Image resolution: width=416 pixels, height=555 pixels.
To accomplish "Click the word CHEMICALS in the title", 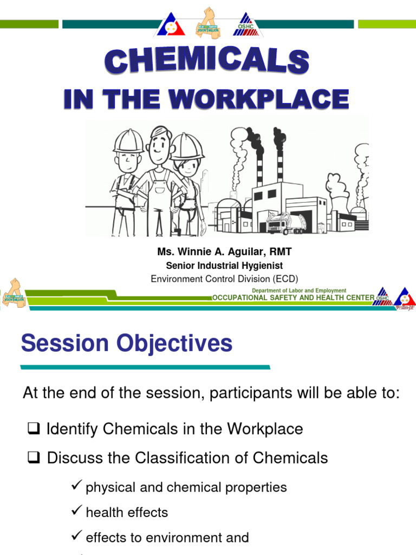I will point(208,61).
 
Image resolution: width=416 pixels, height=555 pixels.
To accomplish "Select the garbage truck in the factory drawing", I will point(285,222).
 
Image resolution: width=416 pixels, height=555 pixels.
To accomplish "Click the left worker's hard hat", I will point(128,140).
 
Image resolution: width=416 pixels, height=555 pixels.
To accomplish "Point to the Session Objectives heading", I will point(127,344).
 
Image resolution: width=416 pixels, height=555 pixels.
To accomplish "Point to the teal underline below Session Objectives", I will point(145,367).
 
